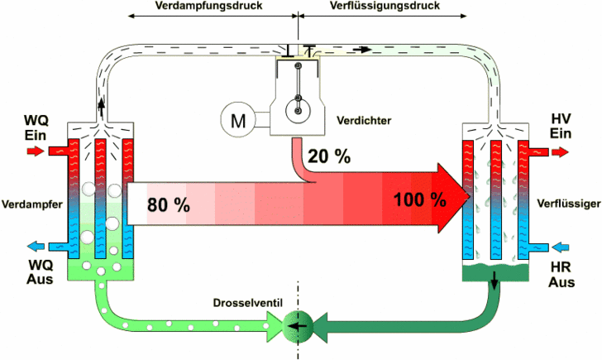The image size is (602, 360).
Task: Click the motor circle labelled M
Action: coord(239,121)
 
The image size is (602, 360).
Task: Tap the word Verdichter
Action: coord(364,121)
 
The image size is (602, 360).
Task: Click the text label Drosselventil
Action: coord(249,303)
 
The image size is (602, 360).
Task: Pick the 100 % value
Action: coord(419,199)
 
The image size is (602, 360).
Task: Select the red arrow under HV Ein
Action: coord(561,151)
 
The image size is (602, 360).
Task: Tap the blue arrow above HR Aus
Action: coord(561,246)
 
